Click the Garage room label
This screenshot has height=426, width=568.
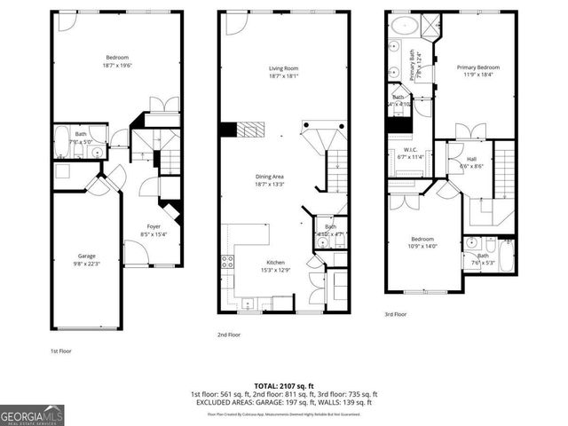pos(86,256)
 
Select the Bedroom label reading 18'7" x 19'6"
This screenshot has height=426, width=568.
pos(116,59)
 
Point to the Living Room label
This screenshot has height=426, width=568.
pos(283,72)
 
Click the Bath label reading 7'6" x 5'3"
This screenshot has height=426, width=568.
pos(481,259)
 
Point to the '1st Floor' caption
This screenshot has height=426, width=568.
pos(61,351)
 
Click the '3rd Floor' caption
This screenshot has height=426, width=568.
pos(396,313)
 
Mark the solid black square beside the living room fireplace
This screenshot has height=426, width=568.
pos(228,130)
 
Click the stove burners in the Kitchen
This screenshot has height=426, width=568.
pos(226,262)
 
